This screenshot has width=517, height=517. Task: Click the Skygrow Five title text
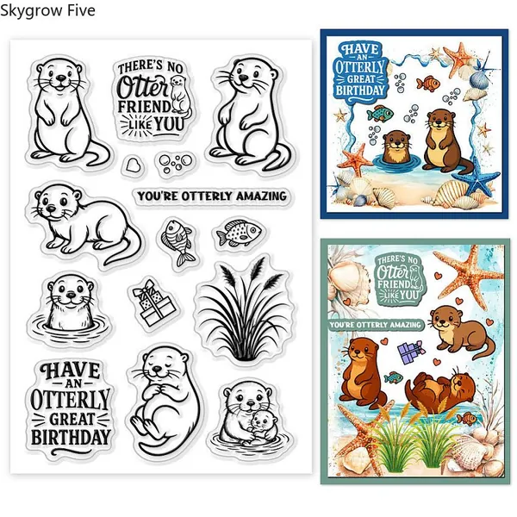pos(47,10)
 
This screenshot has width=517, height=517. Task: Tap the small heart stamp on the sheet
pos(133,165)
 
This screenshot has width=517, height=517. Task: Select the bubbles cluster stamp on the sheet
pos(175,163)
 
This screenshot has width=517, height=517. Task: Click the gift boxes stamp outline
pos(153,302)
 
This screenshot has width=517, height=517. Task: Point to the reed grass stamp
pos(245,309)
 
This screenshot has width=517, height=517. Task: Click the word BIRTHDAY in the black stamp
pos(71,437)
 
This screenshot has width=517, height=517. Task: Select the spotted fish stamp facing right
pos(239,233)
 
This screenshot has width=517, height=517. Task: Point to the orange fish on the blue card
pos(428,83)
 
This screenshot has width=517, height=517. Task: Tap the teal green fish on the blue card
pos(380,114)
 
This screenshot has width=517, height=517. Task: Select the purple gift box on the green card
pos(410,352)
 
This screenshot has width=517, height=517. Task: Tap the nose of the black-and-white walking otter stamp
pos(51,209)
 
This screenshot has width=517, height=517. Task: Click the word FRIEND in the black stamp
pos(144,107)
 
